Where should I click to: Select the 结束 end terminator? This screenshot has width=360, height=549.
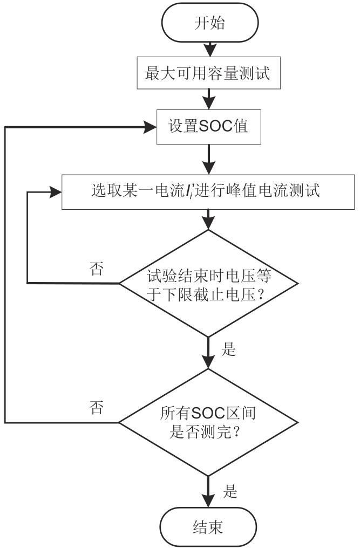pos(208,526)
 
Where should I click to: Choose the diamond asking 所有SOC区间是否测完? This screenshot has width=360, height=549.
pos(208,422)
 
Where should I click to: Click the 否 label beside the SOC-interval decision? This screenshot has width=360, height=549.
pos(97,408)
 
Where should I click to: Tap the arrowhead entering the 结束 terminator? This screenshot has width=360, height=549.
pos(208,501)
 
